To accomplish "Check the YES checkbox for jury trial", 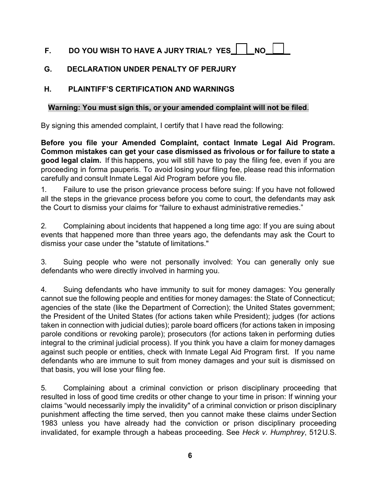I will (241, 49).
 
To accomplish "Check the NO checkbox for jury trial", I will (278, 48).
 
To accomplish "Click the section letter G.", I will (48, 69).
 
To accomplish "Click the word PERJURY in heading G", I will (221, 69).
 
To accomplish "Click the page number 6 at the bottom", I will (190, 456).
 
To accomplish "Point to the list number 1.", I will (44, 190).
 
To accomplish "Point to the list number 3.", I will (44, 262).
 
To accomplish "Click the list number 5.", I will (44, 388).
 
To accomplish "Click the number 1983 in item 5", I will (48, 424).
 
